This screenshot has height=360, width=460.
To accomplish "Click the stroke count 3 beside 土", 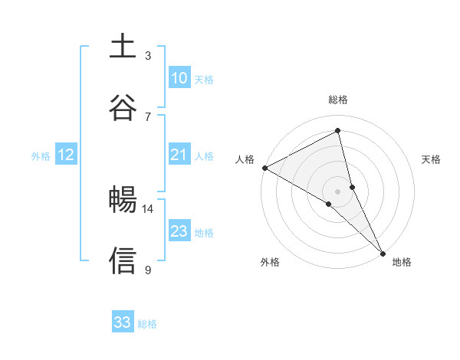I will [148, 55].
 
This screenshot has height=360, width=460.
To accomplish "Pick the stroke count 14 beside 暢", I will [148, 208].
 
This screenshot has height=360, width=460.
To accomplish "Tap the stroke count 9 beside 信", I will [148, 269].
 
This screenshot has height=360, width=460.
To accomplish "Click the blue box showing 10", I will [179, 78].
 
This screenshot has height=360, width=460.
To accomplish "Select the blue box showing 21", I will [179, 155].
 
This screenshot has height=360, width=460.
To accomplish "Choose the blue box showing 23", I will [179, 231].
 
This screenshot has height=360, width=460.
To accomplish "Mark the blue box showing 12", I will [66, 155].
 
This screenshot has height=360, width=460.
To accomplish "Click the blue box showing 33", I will [123, 322].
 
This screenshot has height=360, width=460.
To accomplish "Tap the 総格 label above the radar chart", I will [338, 100].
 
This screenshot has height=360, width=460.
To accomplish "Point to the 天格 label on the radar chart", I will [432, 159].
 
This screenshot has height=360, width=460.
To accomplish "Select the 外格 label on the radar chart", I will [270, 262].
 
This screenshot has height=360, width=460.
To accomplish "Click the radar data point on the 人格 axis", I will [264, 168].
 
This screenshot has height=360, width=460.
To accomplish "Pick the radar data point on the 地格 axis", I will [382, 251].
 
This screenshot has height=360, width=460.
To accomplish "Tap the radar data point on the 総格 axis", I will [338, 131].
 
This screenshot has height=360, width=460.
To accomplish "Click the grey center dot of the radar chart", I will [338, 191].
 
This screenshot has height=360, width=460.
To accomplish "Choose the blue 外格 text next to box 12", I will [41, 155].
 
